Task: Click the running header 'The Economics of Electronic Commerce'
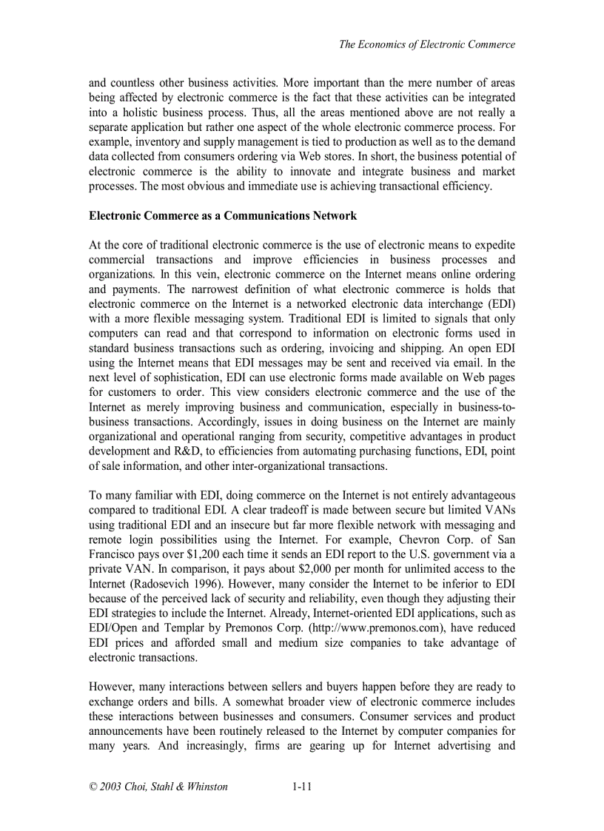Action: coord(426,44)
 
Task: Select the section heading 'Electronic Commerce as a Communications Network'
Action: coord(223,215)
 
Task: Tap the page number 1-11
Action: coord(301,787)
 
